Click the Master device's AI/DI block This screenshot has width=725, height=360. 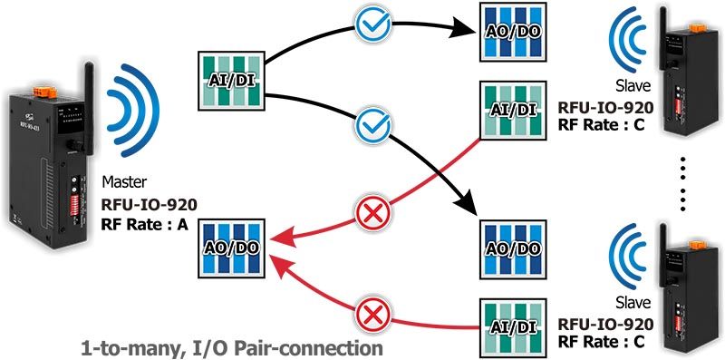[x=231, y=81]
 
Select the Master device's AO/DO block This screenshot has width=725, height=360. [x=231, y=248]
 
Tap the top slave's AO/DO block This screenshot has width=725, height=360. [x=513, y=32]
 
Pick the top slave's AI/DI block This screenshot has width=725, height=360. [x=513, y=110]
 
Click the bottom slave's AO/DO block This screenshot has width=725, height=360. [x=513, y=249]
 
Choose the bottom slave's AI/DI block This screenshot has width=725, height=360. [x=513, y=327]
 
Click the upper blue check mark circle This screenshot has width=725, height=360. [x=372, y=22]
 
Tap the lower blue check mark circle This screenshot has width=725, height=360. [x=372, y=125]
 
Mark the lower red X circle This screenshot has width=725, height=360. [x=372, y=316]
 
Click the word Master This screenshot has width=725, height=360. [x=124, y=182]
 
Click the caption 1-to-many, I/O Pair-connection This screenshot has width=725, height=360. [x=232, y=347]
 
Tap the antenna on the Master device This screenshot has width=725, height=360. [x=88, y=102]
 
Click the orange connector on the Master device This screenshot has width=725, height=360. [x=44, y=92]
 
